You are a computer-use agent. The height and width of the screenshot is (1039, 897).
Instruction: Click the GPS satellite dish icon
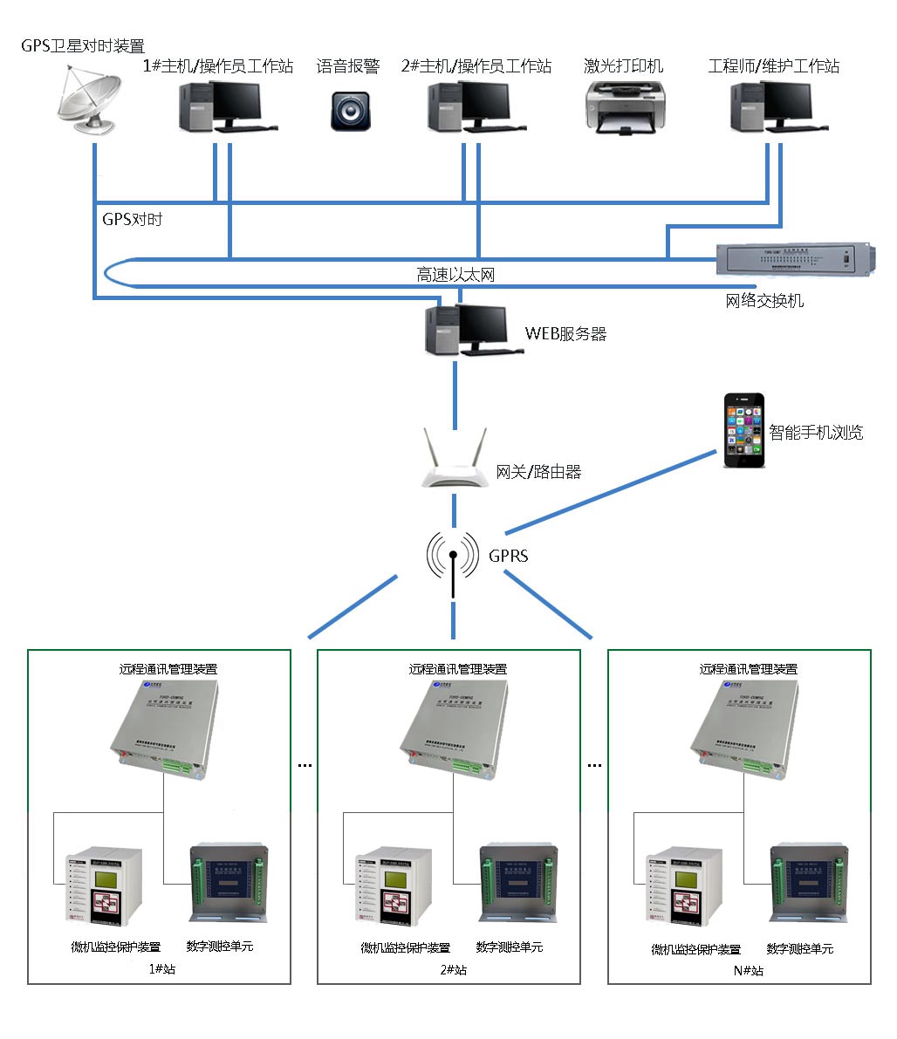85,102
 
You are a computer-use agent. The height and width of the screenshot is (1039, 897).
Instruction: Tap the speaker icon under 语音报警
350,111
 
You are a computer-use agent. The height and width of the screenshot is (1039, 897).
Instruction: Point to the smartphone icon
744,430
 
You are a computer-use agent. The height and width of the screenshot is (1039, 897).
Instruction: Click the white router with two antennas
454,460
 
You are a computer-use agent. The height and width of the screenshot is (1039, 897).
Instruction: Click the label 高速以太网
455,276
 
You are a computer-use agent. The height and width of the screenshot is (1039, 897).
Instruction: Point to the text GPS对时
133,220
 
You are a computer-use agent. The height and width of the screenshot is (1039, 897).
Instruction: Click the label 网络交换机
764,301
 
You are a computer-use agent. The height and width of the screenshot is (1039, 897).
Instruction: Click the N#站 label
748,970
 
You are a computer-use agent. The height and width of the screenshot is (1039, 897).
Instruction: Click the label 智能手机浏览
816,433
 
